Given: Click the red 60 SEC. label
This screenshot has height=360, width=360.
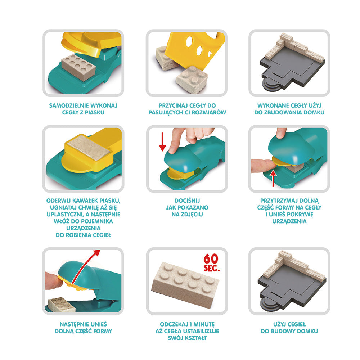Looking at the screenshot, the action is (211, 263).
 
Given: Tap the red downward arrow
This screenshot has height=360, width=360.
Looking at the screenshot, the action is (162, 141).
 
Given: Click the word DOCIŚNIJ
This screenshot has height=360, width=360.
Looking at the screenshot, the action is (187, 201).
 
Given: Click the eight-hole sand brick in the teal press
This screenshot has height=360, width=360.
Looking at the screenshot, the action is (78, 67).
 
